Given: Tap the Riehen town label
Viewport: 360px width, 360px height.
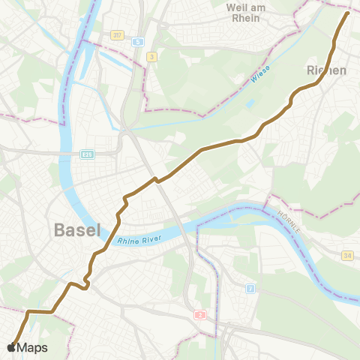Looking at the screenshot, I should point(327,70).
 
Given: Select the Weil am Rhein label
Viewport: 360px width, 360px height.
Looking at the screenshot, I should point(245,13).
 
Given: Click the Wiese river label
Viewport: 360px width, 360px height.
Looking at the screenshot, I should point(260,75).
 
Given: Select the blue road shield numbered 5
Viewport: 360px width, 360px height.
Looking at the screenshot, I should point(138,41).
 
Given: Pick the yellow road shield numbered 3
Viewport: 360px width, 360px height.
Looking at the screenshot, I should point(152,56).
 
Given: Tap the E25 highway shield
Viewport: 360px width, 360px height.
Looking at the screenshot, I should point(88,154).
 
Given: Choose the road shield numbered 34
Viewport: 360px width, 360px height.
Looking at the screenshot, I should point(346,256).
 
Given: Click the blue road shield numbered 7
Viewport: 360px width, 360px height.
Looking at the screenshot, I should point(250,288).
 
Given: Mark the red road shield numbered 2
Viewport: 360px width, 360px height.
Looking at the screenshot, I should point(200,315).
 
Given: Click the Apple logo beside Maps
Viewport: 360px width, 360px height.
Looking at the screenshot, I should point(10,348).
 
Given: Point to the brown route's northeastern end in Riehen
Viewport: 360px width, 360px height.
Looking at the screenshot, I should point(348,13).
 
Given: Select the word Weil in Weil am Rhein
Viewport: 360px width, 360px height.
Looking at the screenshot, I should point(235,7).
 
